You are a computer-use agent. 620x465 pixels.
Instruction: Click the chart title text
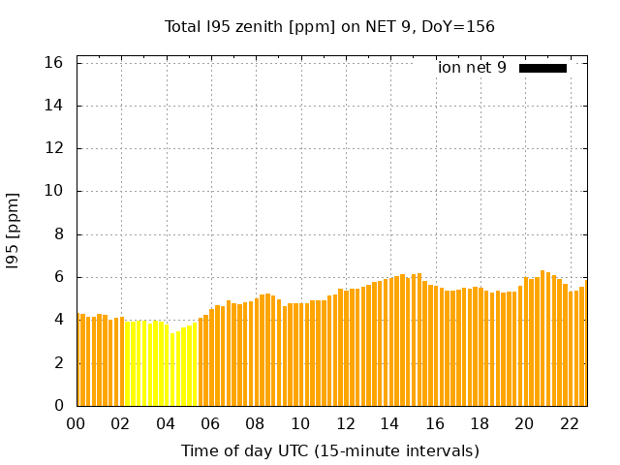(x=329, y=26)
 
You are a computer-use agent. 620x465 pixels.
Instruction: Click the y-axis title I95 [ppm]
(x=14, y=230)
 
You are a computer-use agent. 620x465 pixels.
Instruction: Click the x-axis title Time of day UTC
(x=329, y=450)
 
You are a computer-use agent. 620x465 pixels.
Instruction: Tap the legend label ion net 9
(x=472, y=68)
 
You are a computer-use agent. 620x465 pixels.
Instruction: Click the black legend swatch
(x=542, y=68)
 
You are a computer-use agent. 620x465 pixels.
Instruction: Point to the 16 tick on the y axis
(x=54, y=63)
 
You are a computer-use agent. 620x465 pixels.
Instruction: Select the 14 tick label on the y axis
(x=54, y=106)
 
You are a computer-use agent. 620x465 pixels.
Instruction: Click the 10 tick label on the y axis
(x=54, y=191)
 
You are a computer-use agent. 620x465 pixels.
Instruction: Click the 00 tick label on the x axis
(x=76, y=423)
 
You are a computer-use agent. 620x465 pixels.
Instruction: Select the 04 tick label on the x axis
(x=166, y=423)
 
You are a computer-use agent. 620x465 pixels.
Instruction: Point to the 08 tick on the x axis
(x=255, y=423)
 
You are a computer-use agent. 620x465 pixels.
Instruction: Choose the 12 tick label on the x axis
(x=345, y=423)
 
